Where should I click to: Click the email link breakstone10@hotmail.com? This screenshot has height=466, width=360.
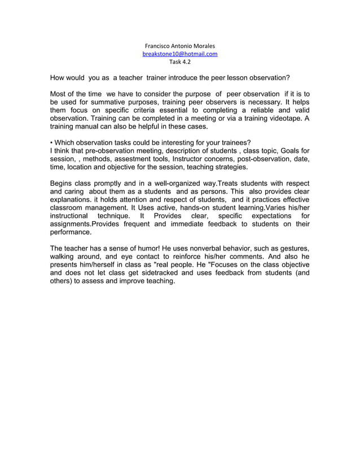[180, 54]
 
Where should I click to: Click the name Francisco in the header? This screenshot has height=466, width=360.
[159, 46]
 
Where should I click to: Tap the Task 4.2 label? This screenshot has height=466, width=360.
[180, 63]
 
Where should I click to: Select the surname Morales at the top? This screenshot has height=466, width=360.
[203, 46]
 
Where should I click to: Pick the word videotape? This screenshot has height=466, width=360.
[284, 119]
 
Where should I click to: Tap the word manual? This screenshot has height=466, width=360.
[91, 128]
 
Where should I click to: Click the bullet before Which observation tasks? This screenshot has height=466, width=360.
[51, 142]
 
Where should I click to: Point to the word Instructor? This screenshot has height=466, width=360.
[187, 159]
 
